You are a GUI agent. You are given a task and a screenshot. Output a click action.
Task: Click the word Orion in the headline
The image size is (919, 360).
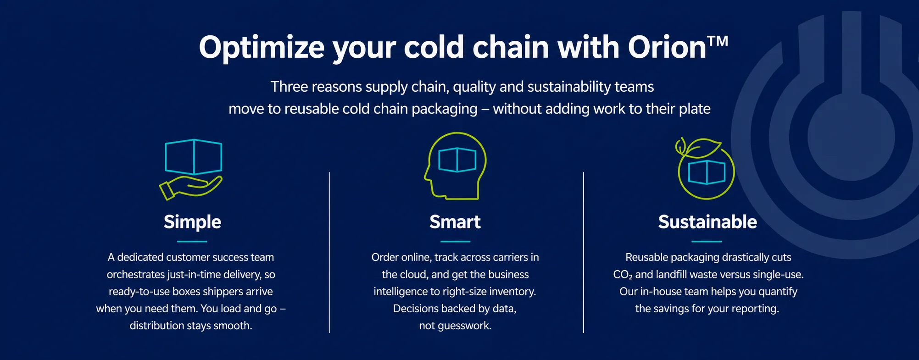pyautogui.click(x=667, y=47)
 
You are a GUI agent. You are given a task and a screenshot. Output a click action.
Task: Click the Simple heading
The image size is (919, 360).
pyautogui.click(x=192, y=222)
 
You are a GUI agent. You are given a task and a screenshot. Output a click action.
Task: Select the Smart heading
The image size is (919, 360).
pyautogui.click(x=455, y=222)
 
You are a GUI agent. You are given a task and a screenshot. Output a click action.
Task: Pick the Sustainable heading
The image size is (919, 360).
pyautogui.click(x=707, y=222)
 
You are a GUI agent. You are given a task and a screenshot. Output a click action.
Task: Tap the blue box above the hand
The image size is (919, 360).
pyautogui.click(x=194, y=156)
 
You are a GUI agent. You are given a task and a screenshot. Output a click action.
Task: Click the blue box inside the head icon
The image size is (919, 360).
pyautogui.click(x=457, y=160)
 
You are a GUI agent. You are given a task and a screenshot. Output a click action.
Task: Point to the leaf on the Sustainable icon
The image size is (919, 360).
pyautogui.click(x=702, y=148)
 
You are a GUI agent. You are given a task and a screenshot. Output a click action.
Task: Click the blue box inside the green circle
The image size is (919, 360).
pyautogui.click(x=707, y=172)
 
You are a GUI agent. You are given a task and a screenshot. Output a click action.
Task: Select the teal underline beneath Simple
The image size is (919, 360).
pyautogui.click(x=192, y=241)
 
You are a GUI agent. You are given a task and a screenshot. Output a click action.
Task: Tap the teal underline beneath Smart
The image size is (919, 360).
pyautogui.click(x=455, y=241)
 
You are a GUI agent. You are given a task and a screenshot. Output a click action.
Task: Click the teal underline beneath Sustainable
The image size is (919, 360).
pyautogui.click(x=707, y=241)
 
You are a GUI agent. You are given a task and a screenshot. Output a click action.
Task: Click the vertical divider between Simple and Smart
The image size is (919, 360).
pyautogui.click(x=329, y=252)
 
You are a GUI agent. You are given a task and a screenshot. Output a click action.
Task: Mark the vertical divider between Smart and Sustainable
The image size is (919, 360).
pyautogui.click(x=584, y=252)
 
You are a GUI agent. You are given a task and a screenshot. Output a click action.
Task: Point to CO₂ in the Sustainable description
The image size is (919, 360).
pyautogui.click(x=623, y=275)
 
